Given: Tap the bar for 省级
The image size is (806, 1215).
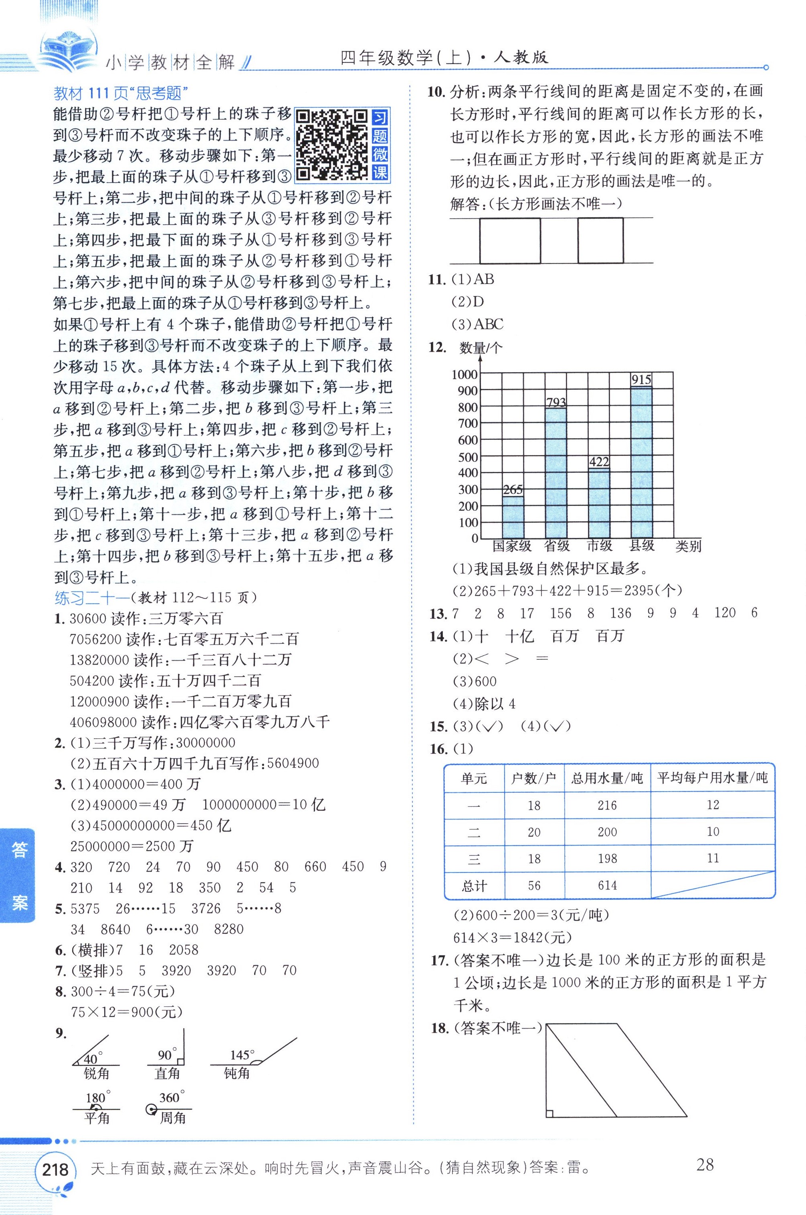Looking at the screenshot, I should tap(556, 473).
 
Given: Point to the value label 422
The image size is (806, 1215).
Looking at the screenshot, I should tap(599, 461).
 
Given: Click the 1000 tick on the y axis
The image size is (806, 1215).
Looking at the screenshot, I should tap(464, 375).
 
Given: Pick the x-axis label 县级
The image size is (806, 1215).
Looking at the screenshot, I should tap(642, 546).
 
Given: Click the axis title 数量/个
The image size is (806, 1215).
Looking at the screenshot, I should tap(481, 348).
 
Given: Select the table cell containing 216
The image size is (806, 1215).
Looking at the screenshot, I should tap(607, 805).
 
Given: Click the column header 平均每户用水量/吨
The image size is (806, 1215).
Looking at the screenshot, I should tap(713, 778).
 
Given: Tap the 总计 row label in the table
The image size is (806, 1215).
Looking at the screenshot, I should tap(474, 886).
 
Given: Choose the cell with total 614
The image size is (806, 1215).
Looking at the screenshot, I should tap(607, 885).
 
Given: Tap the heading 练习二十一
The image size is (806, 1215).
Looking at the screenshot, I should tap(92, 597).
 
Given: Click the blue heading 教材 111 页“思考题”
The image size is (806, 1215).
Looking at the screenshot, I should tap(121, 93).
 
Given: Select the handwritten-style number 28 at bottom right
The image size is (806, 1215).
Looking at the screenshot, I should tap(705, 1165).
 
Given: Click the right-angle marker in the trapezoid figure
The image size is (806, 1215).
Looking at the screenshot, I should tap(550, 1113).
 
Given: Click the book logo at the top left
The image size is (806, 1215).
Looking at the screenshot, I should tap(67, 49).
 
